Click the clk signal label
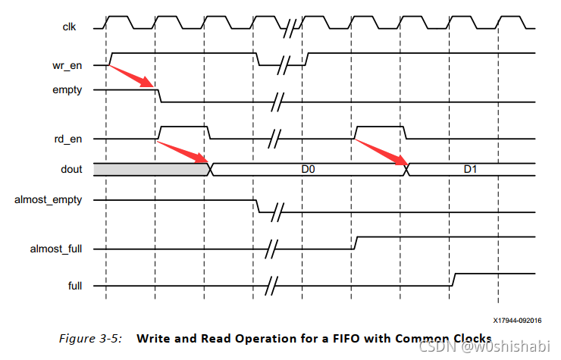(69, 28)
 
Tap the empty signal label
(74, 89)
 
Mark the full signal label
(77, 286)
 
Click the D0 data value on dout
(308, 170)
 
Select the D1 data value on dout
(471, 170)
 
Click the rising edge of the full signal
(453, 280)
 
